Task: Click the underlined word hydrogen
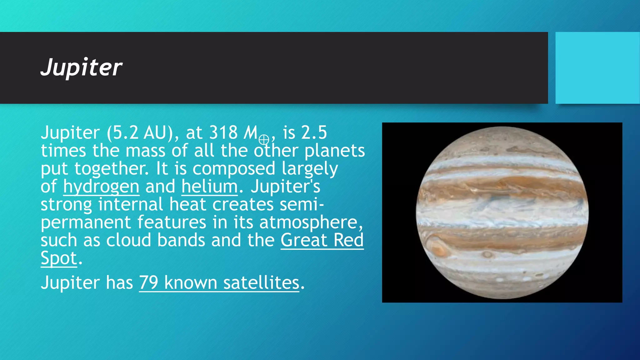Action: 101,187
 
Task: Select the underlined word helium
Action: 209,187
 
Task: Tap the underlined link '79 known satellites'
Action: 219,283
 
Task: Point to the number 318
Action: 223,132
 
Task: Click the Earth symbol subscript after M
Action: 264,139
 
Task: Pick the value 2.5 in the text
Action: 314,132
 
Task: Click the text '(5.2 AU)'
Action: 140,132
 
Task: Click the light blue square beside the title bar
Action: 597,68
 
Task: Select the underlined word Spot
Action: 59,258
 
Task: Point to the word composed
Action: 233,169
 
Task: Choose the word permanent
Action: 86,222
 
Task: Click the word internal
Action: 131,204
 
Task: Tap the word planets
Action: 334,151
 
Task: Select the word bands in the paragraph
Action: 181,240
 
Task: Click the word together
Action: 112,169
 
